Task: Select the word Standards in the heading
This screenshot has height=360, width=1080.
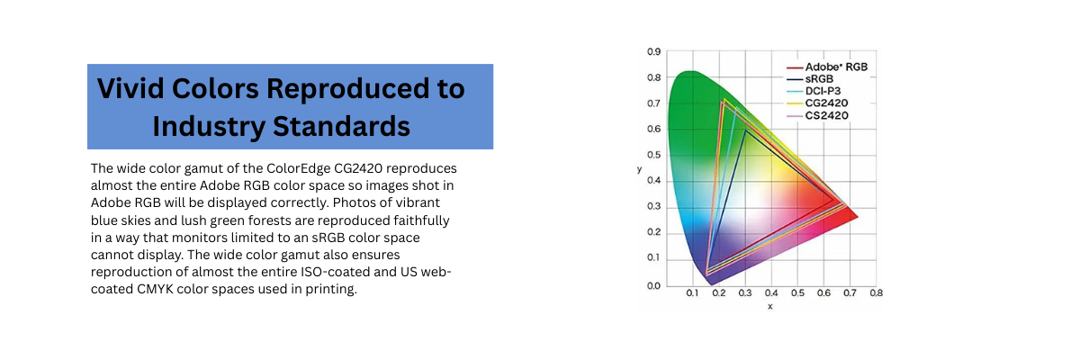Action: point(341,126)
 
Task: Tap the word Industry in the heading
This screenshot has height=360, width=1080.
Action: point(209,127)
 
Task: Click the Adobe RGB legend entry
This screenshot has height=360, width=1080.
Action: point(827,67)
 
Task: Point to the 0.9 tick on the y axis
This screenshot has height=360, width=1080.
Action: point(653,51)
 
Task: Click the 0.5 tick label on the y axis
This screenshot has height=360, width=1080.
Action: point(653,155)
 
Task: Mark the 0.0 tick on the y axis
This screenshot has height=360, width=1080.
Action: point(653,286)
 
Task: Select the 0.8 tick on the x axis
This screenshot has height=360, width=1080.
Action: point(876,293)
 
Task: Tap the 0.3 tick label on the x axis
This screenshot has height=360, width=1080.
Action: point(745,293)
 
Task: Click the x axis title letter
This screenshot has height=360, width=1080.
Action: point(770,307)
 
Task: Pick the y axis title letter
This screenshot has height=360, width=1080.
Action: point(639,169)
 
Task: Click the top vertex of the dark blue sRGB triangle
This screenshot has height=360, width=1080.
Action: point(745,130)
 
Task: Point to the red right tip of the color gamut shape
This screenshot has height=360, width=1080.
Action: point(857,217)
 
